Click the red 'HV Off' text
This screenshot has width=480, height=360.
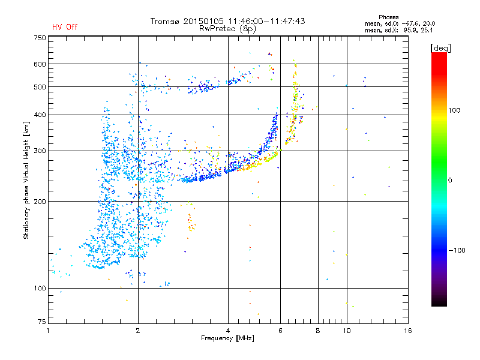pos(65,27)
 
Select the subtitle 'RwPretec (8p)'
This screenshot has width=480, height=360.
pos(227,29)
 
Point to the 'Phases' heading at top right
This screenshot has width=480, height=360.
pos(388,17)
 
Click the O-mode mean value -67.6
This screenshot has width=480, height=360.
pos(411,23)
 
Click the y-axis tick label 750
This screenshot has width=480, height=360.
pos(40,38)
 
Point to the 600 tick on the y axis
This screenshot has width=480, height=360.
pos(40,64)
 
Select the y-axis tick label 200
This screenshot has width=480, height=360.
pos(40,202)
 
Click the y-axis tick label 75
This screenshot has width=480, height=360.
pos(42,322)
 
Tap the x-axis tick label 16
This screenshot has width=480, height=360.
pos(408,331)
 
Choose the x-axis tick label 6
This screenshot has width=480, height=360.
pos(280,331)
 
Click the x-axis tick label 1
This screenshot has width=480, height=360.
pos(48,331)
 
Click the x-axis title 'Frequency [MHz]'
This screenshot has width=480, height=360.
pos(227,338)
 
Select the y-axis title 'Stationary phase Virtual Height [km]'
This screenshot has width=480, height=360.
pos(26,181)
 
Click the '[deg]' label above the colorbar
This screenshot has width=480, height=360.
pos(440,48)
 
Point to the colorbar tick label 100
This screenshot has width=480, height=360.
pos(454,110)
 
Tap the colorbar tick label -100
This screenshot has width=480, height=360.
pos(457,250)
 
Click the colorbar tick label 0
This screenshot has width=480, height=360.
pos(450,181)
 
